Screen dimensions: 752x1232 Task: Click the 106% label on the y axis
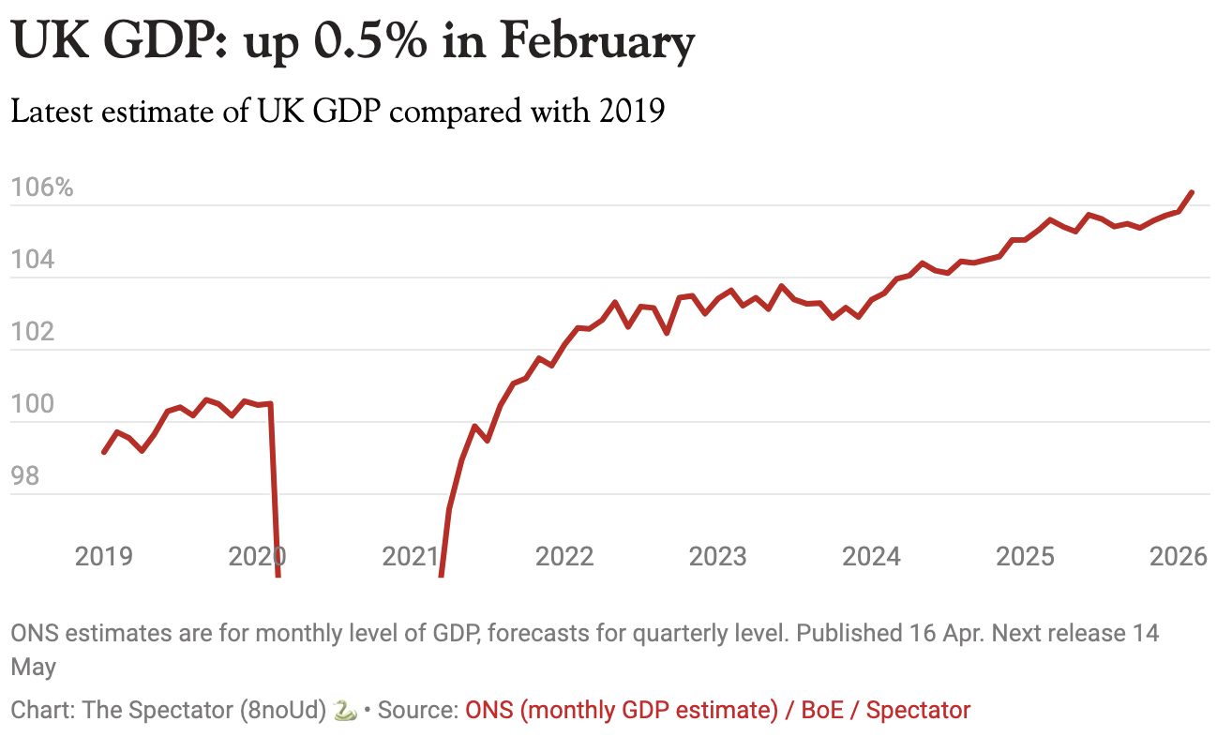click(42, 188)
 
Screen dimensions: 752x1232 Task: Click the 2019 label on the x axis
click(103, 556)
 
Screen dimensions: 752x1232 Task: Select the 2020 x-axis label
click(257, 556)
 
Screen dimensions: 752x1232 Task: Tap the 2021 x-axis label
click(411, 556)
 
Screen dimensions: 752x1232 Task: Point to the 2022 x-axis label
click(564, 556)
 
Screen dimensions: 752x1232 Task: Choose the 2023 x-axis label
click(718, 556)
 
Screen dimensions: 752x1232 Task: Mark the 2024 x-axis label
click(871, 556)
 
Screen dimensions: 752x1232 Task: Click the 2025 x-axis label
click(1025, 556)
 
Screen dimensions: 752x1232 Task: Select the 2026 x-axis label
click(1178, 556)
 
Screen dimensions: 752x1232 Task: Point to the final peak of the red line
click(1192, 192)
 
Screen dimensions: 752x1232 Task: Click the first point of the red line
click(104, 452)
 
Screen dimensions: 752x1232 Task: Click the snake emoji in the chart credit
click(345, 711)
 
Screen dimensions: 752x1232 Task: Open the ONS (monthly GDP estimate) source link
click(622, 710)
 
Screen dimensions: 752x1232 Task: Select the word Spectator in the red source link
click(918, 710)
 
